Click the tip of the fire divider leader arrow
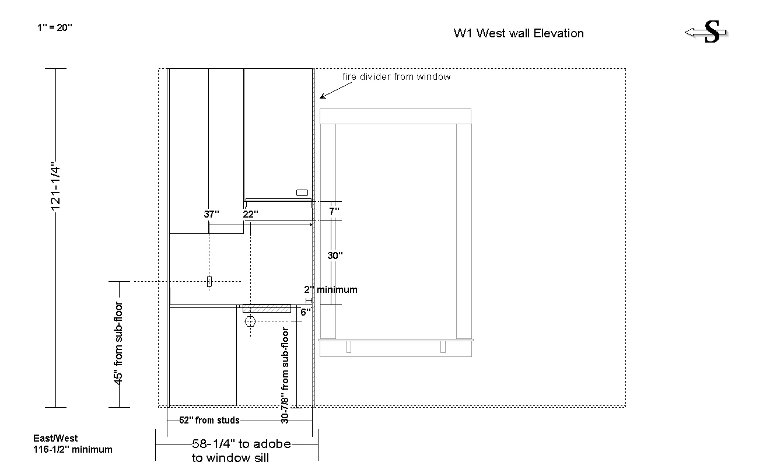(x=320, y=99)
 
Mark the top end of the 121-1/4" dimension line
(x=55, y=69)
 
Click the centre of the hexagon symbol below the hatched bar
(x=250, y=321)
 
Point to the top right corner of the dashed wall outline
(x=625, y=69)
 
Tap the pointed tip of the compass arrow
(x=685, y=33)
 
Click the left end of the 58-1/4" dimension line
(x=156, y=444)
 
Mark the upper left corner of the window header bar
(x=320, y=109)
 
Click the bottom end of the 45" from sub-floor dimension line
(x=120, y=407)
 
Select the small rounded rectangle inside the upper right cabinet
(x=302, y=193)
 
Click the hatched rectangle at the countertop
(x=267, y=309)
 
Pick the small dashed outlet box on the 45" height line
(x=209, y=281)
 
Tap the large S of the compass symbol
(x=712, y=32)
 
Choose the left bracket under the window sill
(x=349, y=346)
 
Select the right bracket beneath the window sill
(x=443, y=346)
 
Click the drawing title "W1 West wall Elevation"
(x=519, y=33)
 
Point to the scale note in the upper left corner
(x=55, y=27)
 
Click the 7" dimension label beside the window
(x=334, y=211)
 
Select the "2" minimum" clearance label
(x=330, y=289)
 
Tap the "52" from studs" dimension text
(x=209, y=420)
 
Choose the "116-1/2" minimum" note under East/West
(x=73, y=449)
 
